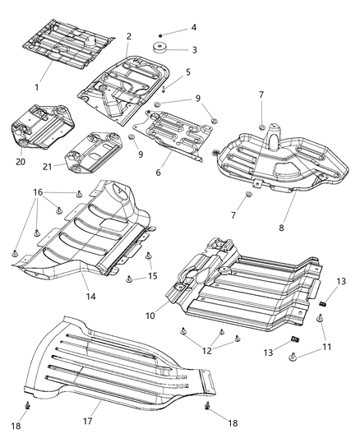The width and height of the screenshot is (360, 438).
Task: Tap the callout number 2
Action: [x=129, y=36]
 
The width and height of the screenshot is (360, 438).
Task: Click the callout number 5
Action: [x=187, y=72]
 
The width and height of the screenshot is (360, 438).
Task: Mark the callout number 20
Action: [x=20, y=161]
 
